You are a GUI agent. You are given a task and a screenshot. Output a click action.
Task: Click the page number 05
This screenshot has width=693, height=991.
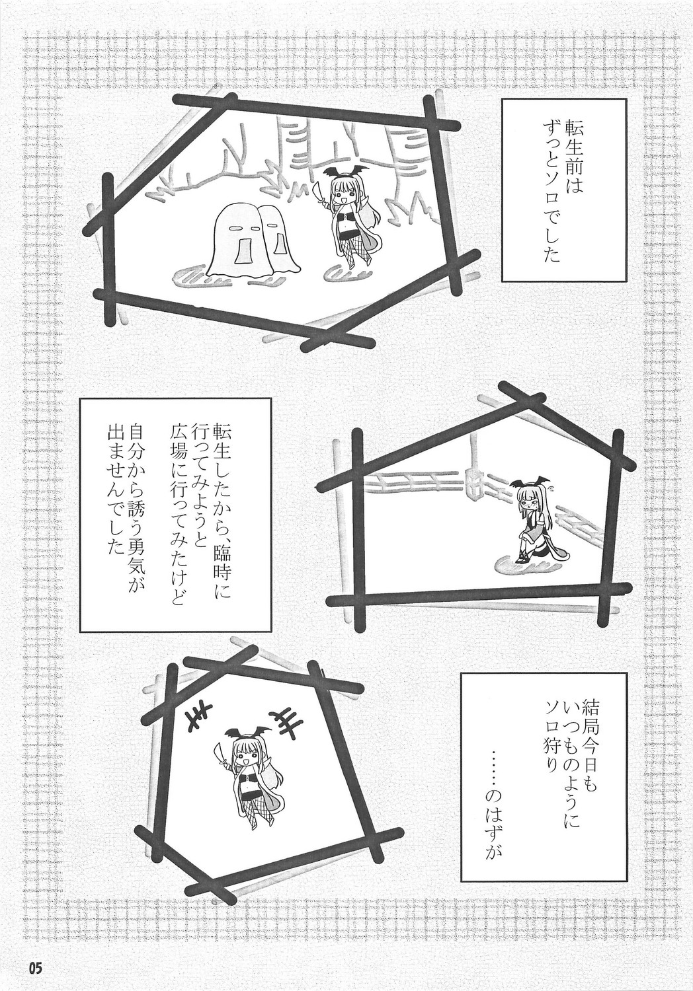(34, 969)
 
